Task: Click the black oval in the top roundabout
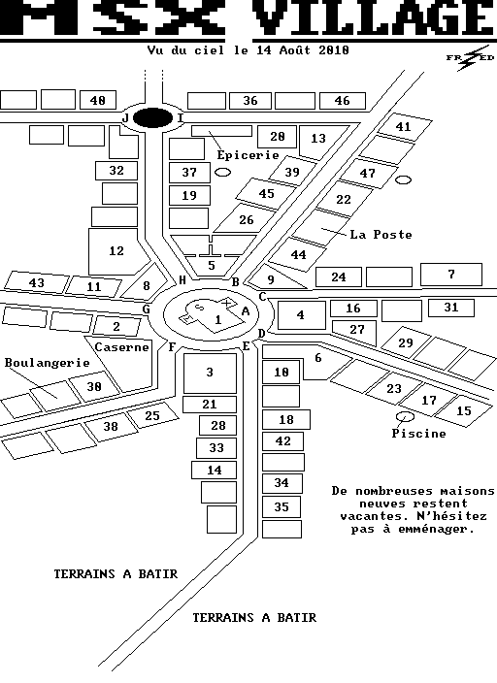point(152,118)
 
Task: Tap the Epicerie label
point(248,155)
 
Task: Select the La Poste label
point(381,235)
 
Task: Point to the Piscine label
point(418,433)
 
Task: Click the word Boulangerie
point(48,363)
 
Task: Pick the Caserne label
point(121,347)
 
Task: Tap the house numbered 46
point(343,101)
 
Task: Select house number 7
point(451,275)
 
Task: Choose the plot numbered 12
point(116,251)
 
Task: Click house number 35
point(282,507)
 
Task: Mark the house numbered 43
point(36,282)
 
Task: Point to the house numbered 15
point(463,410)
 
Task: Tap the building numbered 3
point(210,373)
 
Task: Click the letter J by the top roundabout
point(125,118)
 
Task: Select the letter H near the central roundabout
point(182,280)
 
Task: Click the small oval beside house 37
point(223,173)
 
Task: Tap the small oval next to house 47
point(403,179)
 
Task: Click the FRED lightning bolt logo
point(470,58)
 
